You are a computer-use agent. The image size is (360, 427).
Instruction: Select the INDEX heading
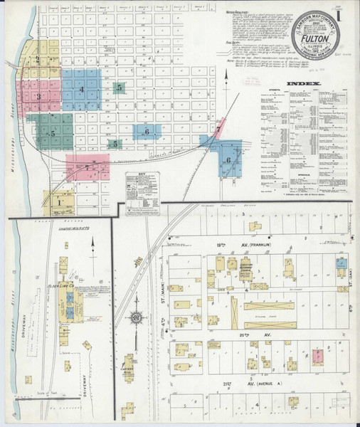pos(303,83)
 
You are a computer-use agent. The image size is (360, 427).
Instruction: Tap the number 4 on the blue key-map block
pos(82,90)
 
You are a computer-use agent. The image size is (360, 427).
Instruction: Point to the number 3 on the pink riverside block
pos(38,96)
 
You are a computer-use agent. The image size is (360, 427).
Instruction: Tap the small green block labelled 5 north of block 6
pos(120,88)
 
